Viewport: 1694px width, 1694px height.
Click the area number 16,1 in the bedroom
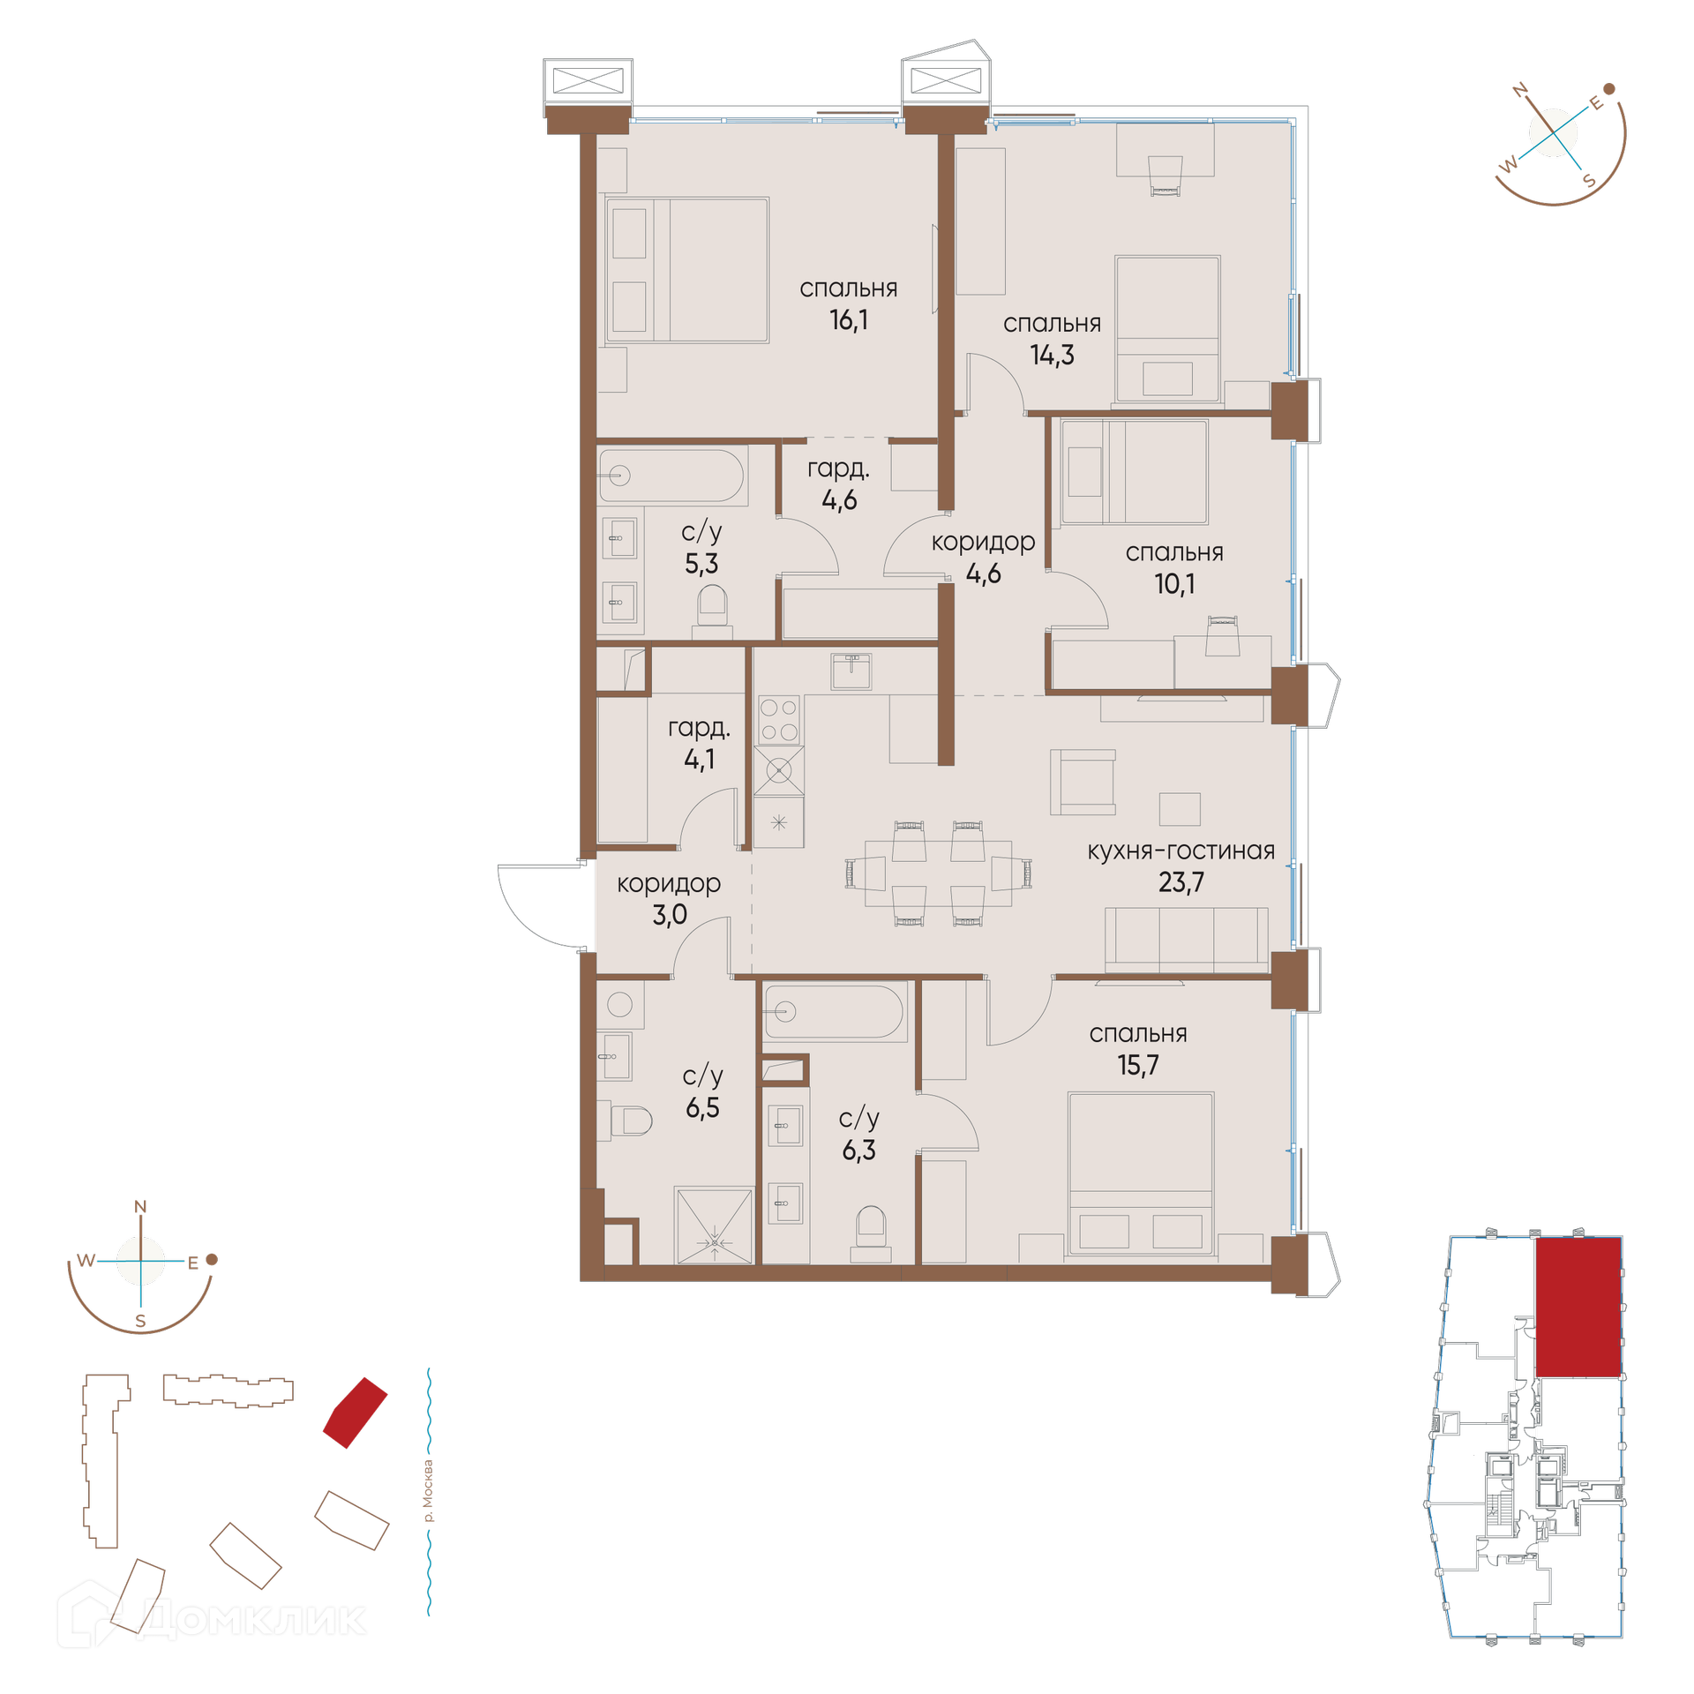pyautogui.click(x=848, y=319)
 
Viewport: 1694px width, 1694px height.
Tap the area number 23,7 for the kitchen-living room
pyautogui.click(x=1181, y=881)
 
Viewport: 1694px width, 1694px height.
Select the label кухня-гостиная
pyautogui.click(x=1181, y=851)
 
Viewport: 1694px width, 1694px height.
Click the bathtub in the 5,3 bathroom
pyautogui.click(x=671, y=476)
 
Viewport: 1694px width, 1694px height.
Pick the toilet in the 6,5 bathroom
pyautogui.click(x=632, y=1121)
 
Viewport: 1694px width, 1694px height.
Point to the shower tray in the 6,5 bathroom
pyautogui.click(x=714, y=1226)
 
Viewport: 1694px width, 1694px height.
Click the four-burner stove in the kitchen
pyautogui.click(x=779, y=719)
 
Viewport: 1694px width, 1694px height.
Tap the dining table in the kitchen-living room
pyautogui.click(x=938, y=873)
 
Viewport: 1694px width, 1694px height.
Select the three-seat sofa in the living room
pyautogui.click(x=1187, y=940)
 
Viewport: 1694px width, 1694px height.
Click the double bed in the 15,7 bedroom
pyautogui.click(x=1141, y=1173)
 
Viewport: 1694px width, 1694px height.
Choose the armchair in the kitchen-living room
pyautogui.click(x=1083, y=782)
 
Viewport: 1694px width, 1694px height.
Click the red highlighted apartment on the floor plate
pyautogui.click(x=1578, y=1307)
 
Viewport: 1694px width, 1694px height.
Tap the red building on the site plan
pyautogui.click(x=355, y=1413)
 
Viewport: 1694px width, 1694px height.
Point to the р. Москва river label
pyautogui.click(x=429, y=1491)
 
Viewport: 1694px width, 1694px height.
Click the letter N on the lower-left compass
pyautogui.click(x=140, y=1206)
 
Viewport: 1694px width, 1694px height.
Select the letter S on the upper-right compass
pyautogui.click(x=1590, y=181)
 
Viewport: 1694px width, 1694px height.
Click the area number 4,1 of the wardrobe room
pyautogui.click(x=700, y=759)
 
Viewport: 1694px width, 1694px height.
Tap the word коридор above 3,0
pyautogui.click(x=669, y=883)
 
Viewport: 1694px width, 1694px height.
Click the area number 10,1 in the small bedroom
pyautogui.click(x=1174, y=583)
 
